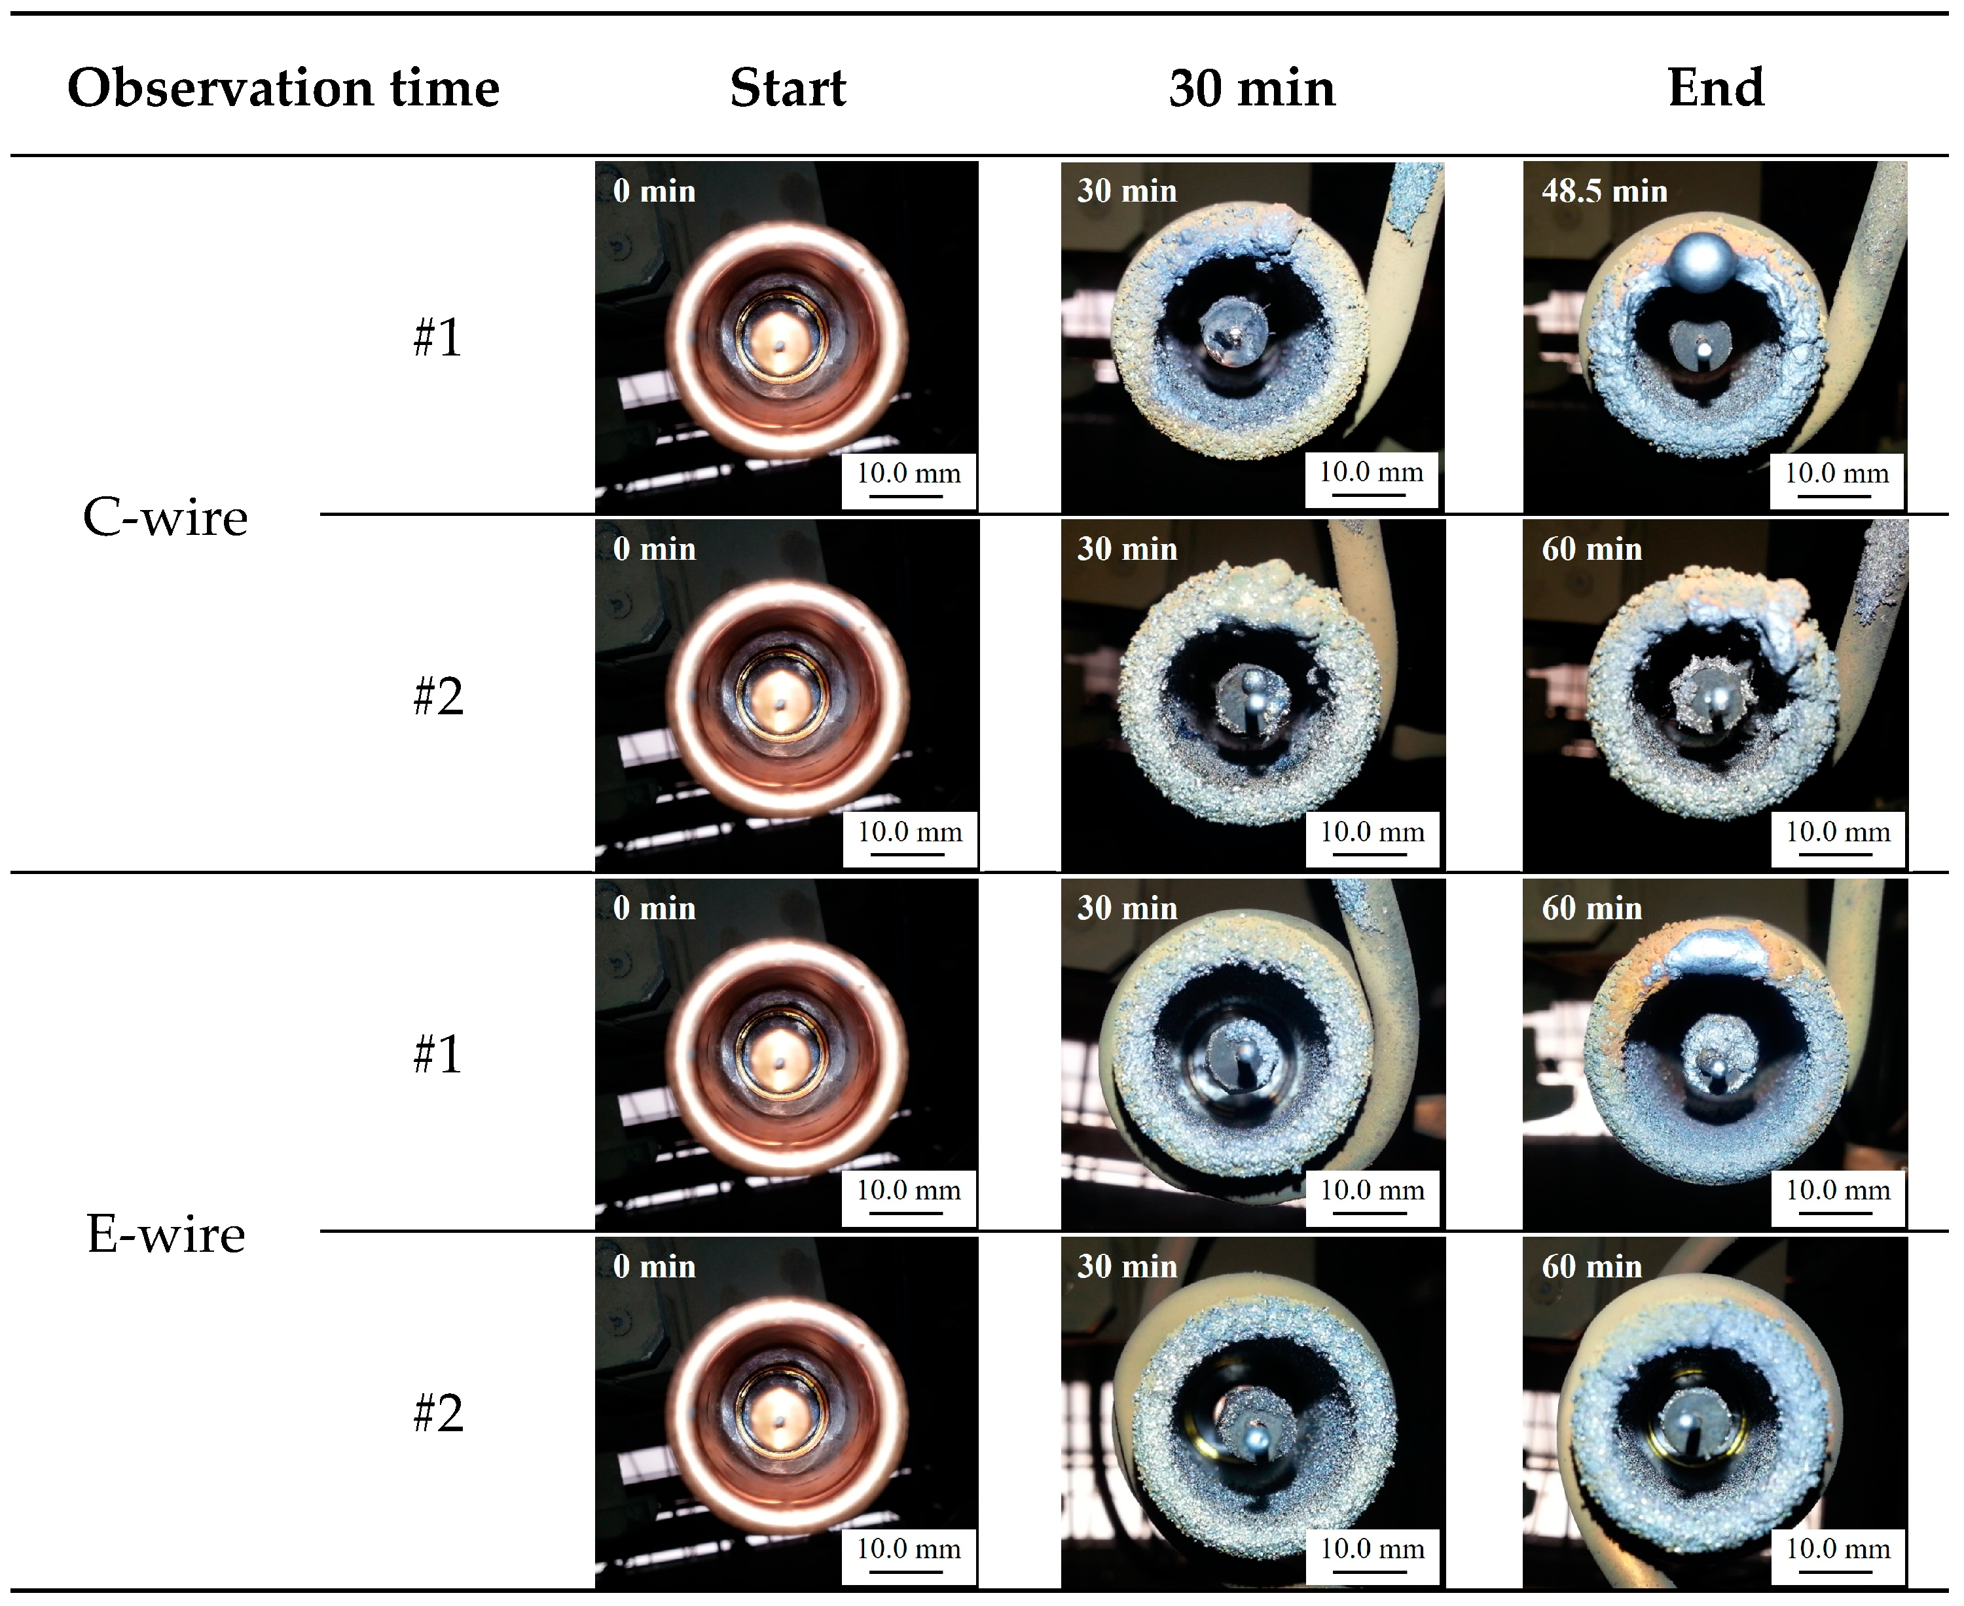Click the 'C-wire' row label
(166, 517)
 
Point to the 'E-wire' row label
(166, 1234)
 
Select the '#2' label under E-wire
(437, 1413)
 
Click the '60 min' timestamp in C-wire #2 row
(1591, 549)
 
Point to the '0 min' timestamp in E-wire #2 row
(654, 1266)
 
